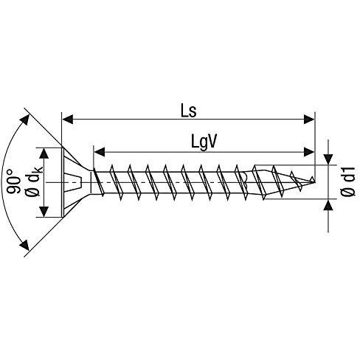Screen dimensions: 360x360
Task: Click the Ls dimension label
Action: point(189,111)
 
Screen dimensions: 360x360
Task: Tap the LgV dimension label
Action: point(204,142)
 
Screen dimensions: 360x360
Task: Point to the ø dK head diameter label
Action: point(35,181)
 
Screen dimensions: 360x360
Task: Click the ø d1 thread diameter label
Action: point(348,181)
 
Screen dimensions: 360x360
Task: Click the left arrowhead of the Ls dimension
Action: point(68,119)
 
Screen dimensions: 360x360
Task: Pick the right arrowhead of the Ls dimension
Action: point(309,119)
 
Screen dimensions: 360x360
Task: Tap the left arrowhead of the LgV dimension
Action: point(100,152)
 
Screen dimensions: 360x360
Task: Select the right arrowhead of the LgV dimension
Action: point(309,152)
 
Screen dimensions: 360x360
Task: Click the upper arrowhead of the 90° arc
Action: point(25,120)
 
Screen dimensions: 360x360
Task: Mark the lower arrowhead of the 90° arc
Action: point(25,245)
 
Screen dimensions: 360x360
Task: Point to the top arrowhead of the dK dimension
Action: point(44,153)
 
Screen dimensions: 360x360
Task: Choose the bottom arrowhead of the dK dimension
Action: point(44,212)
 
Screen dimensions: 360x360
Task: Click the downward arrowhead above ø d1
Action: point(328,159)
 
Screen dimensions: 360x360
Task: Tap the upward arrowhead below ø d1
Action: point(328,204)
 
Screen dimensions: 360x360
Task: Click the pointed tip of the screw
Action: point(314,182)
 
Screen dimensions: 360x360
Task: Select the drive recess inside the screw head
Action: point(74,182)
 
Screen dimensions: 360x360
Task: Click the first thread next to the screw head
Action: point(98,182)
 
